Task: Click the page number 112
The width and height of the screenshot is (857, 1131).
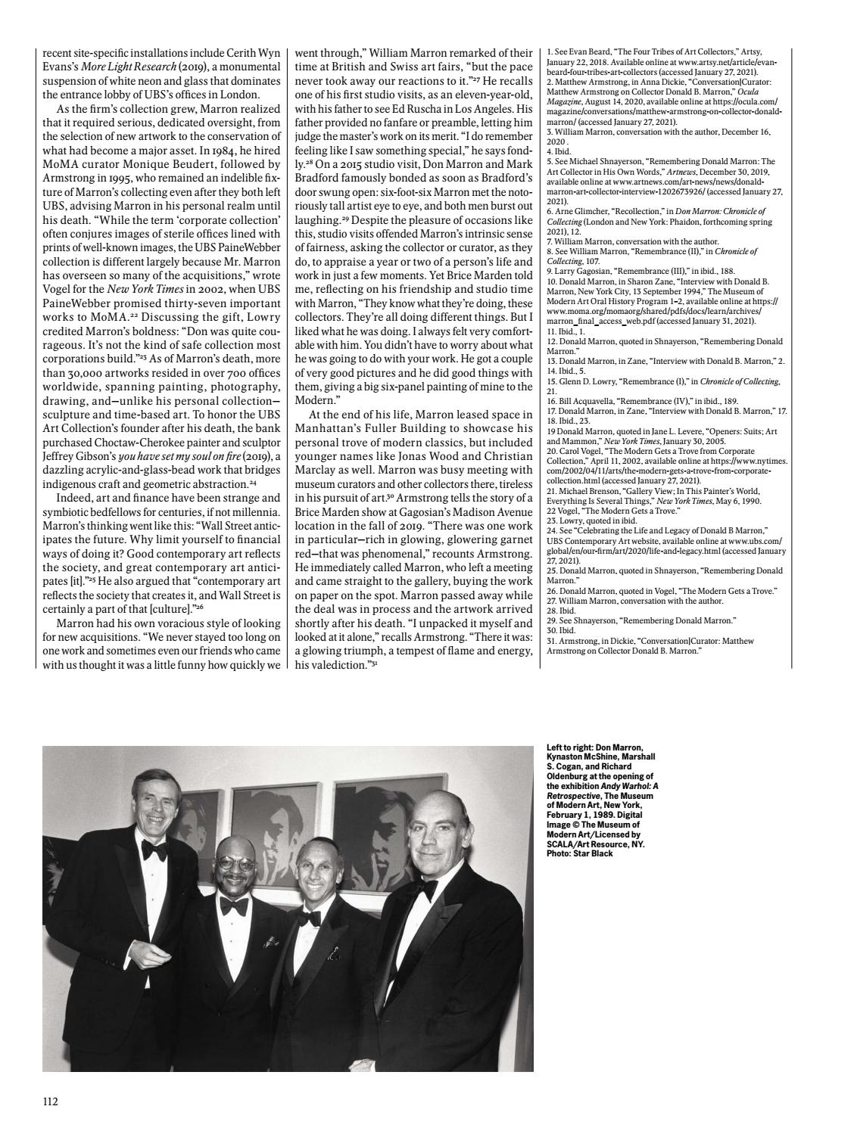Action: pos(51,1101)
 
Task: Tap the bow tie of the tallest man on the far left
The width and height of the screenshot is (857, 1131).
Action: pos(154,850)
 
